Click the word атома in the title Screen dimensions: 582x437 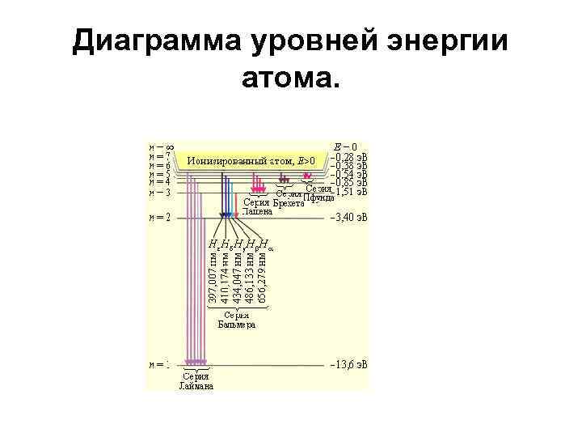[290, 78]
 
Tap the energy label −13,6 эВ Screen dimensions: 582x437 [348, 365]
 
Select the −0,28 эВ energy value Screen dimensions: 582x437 [351, 157]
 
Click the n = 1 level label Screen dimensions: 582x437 [158, 365]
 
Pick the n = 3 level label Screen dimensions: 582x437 [158, 193]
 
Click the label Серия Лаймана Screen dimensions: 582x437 [196, 381]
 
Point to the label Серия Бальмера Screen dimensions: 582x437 [237, 320]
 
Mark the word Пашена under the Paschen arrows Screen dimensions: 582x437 [259, 211]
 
